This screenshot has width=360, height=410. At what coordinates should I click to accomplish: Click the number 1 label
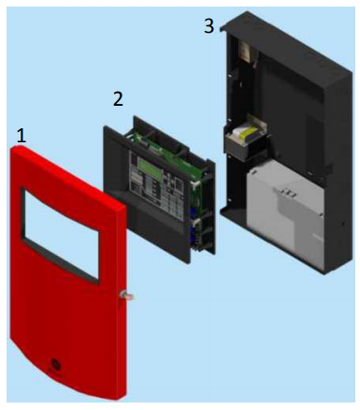click(21, 136)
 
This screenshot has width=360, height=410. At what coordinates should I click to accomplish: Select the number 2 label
click(118, 99)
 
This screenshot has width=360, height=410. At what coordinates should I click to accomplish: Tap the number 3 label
click(209, 25)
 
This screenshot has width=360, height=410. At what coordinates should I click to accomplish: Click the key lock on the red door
click(126, 296)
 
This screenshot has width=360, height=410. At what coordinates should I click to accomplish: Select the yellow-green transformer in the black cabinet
click(247, 133)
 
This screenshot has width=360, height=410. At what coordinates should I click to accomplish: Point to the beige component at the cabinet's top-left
click(245, 50)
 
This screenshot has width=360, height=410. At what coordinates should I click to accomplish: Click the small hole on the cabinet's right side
click(343, 224)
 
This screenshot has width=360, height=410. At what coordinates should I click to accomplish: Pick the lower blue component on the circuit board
click(193, 236)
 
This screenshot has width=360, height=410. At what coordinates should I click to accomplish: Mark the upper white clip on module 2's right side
click(196, 184)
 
